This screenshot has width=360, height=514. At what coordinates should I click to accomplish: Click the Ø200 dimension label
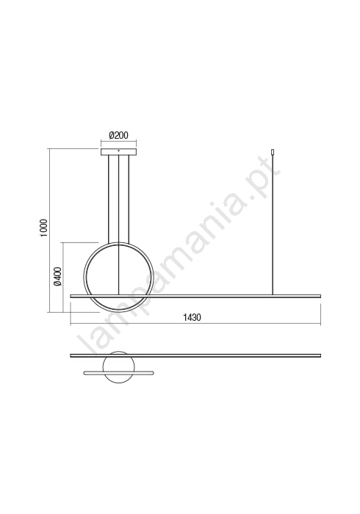point(118,135)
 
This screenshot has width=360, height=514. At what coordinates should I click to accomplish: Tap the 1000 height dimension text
point(44,228)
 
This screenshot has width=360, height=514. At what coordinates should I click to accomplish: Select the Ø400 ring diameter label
point(58,275)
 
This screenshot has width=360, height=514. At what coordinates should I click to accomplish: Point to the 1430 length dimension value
point(192,317)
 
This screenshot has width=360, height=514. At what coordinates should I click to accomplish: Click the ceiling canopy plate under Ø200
point(118,152)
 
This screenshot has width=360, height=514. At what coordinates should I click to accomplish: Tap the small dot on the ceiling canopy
point(118,151)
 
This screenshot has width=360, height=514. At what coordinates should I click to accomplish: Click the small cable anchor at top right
point(272,152)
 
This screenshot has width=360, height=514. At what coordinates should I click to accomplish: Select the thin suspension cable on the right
point(272,225)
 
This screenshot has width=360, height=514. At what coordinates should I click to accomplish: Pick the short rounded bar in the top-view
point(118,373)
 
